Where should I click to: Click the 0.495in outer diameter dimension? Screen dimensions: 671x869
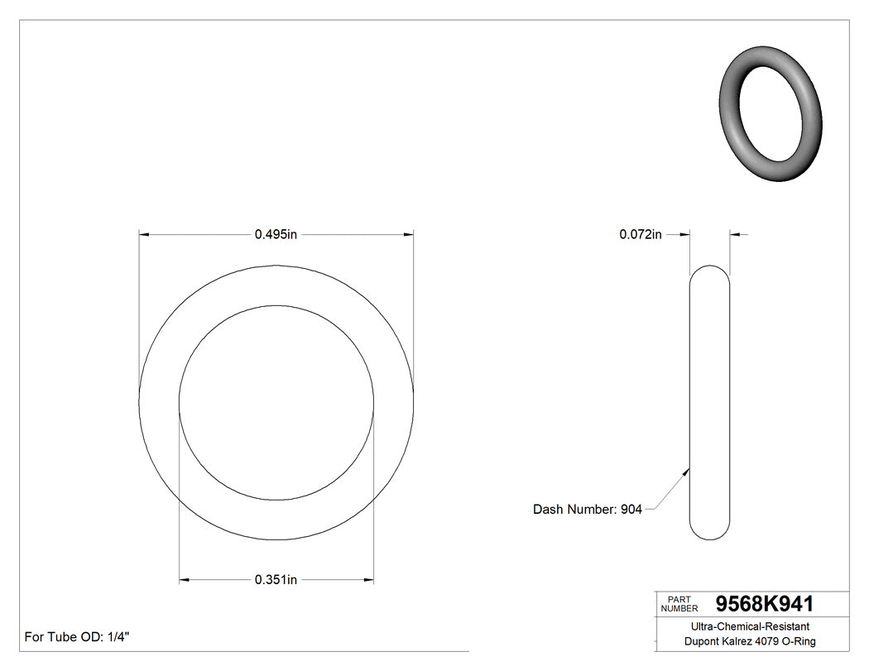tap(276, 235)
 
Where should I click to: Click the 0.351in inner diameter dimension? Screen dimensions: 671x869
tap(276, 580)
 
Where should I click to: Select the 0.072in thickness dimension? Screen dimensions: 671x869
tap(640, 235)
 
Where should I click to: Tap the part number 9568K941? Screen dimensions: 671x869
tap(764, 604)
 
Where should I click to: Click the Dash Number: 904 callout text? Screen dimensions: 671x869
tap(587, 510)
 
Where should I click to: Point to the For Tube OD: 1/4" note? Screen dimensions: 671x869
tap(77, 637)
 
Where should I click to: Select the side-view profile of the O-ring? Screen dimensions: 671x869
tap(709, 403)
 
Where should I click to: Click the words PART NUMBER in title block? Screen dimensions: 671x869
tap(679, 604)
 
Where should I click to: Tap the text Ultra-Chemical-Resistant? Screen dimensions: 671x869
tap(750, 627)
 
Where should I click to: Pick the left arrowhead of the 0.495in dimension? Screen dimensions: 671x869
tap(143, 235)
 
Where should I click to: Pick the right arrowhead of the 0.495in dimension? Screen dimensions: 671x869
tap(409, 235)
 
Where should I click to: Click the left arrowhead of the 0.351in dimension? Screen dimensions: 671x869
tap(185, 580)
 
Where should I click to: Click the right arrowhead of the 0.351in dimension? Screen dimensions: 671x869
tap(368, 580)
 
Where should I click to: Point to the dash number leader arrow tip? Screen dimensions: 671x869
tap(689, 469)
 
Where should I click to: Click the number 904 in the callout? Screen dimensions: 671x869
tap(631, 510)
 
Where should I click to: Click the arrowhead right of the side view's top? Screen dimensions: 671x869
tap(734, 235)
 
